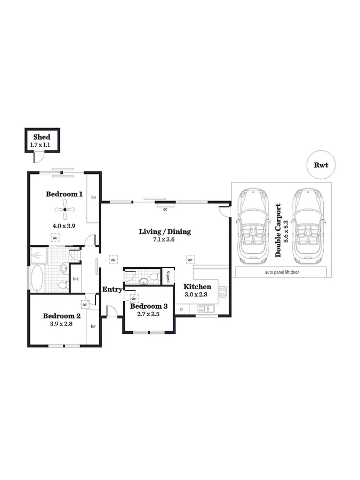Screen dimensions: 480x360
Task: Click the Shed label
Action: click(x=42, y=138)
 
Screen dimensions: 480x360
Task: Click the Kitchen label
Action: click(x=197, y=287)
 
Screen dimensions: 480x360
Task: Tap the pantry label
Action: click(x=168, y=276)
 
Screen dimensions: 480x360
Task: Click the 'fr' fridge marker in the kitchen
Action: click(x=181, y=309)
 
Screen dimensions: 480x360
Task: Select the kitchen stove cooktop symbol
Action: click(x=222, y=291)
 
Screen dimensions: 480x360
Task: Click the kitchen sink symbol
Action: click(x=206, y=309)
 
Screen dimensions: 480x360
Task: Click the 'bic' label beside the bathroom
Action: click(x=76, y=279)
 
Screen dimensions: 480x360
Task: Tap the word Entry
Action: click(x=113, y=289)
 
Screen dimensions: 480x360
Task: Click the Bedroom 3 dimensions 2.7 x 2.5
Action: click(x=148, y=315)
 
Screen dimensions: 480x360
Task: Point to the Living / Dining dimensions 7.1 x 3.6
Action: click(x=164, y=240)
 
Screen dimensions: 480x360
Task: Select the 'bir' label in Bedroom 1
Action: click(x=93, y=197)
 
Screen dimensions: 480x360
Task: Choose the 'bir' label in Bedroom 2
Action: click(x=93, y=326)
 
